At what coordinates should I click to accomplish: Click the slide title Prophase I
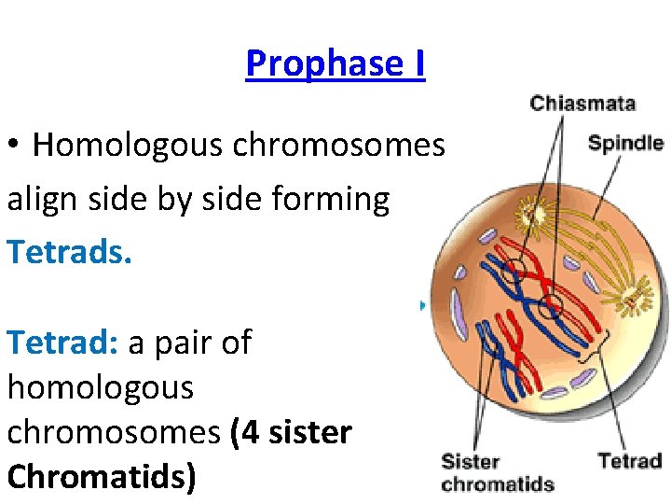335,63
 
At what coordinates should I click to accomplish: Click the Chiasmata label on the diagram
582,103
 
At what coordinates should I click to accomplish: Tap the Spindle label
625,144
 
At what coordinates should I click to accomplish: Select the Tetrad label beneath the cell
629,460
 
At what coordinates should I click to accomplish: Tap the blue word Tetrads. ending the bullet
70,250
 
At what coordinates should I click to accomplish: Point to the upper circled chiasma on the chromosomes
511,273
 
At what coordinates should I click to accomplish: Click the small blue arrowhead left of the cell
423,304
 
